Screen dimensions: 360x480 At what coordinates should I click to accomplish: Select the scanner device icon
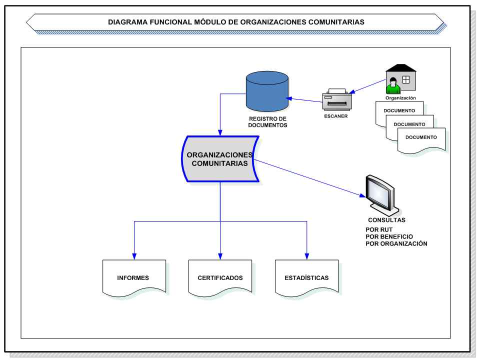click(337, 100)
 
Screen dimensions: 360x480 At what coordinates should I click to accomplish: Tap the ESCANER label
click(335, 116)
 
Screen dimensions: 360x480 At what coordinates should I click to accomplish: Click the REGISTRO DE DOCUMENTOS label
click(267, 122)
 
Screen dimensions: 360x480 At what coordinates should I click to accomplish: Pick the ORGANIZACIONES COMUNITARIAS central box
click(220, 159)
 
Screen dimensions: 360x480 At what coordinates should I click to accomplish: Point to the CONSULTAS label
click(386, 220)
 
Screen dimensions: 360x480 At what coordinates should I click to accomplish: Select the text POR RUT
click(379, 230)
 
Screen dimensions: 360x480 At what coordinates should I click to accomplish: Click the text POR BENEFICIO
click(389, 236)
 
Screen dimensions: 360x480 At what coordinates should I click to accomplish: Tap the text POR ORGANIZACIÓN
click(396, 243)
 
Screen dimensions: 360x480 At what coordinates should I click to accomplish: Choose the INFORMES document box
click(133, 277)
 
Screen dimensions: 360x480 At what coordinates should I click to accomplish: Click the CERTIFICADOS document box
click(220, 277)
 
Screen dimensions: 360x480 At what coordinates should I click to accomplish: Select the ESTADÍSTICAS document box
click(306, 277)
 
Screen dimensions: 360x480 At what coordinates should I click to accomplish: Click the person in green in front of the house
click(393, 85)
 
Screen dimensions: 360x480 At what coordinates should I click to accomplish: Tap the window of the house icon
click(406, 79)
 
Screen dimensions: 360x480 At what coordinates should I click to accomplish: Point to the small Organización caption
click(400, 98)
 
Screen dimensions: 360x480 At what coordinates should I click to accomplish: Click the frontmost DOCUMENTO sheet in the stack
click(421, 138)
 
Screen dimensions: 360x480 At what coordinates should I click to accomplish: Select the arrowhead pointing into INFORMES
click(133, 255)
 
